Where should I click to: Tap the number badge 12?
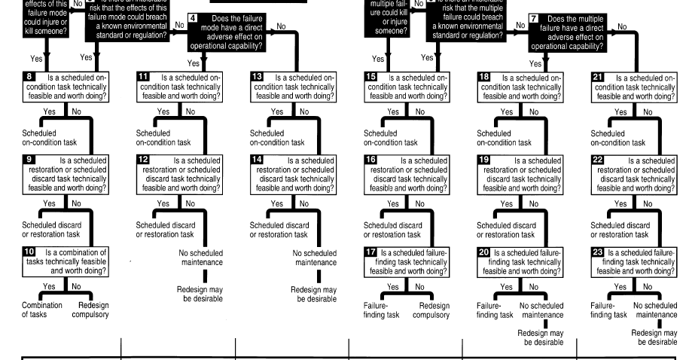[143, 160]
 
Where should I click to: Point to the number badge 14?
[257, 160]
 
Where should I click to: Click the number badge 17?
[370, 252]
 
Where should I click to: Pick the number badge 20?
[484, 252]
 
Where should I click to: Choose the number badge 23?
[599, 252]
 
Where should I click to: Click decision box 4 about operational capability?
[226, 32]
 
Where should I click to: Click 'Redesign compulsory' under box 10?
[93, 310]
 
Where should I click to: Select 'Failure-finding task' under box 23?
[608, 310]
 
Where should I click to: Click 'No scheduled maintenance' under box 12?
[201, 258]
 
